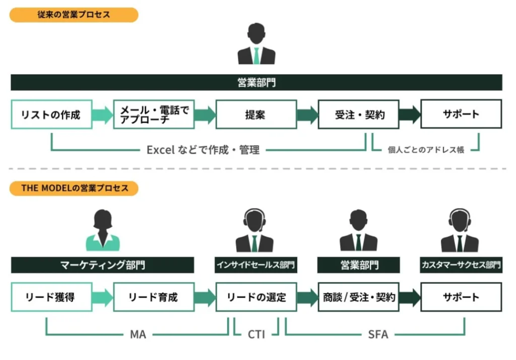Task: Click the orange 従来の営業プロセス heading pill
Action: point(74,15)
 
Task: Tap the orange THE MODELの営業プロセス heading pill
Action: point(74,188)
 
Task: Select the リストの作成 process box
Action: point(51,115)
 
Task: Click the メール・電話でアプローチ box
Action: point(154,115)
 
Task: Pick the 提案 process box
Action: point(256,115)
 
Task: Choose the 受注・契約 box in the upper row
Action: point(358,115)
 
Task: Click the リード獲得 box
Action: point(51,297)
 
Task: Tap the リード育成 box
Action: point(154,297)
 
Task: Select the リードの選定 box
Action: point(256,297)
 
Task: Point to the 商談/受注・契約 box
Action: point(358,297)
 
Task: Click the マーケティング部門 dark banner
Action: point(102,265)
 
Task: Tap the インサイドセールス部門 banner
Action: point(256,265)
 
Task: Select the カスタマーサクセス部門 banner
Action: point(461,265)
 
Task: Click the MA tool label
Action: point(138,334)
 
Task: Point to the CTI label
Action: point(256,334)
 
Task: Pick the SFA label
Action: point(378,334)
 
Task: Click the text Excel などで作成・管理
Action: point(203,150)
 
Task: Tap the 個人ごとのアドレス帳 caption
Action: point(426,150)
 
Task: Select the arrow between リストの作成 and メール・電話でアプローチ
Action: point(102,115)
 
